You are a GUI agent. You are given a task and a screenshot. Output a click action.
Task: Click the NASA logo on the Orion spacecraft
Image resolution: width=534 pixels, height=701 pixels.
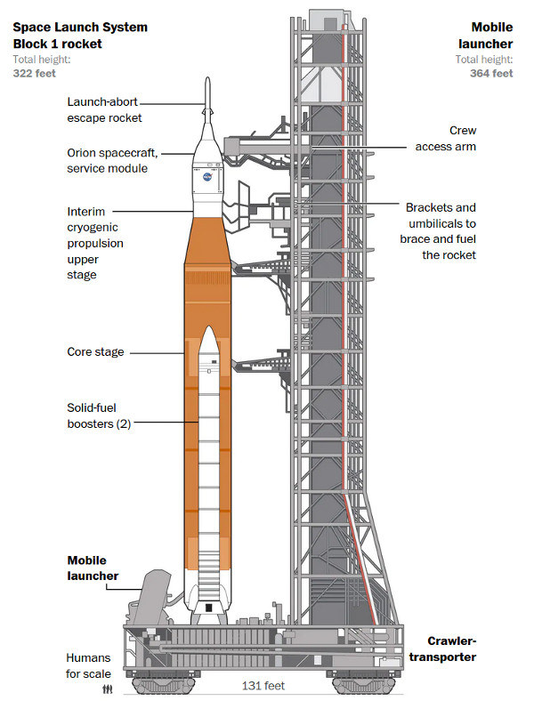(207, 175)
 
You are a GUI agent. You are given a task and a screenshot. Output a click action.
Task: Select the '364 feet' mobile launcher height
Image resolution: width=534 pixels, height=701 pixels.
(491, 74)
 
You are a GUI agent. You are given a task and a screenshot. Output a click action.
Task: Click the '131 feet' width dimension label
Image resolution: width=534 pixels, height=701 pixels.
(263, 686)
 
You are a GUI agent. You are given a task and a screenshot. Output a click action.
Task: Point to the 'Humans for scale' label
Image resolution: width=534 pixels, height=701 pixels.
(89, 665)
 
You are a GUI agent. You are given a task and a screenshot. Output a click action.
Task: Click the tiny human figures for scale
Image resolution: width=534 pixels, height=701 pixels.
(109, 688)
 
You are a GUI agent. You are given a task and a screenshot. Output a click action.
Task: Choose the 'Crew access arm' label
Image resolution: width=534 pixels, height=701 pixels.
(445, 138)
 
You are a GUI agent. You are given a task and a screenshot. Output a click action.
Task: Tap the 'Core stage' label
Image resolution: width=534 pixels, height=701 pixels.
(95, 352)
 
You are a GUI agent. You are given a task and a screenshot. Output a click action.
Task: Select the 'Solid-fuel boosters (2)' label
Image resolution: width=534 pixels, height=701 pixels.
(99, 415)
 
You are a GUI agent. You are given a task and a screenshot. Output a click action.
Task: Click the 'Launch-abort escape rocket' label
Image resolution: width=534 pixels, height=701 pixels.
(104, 109)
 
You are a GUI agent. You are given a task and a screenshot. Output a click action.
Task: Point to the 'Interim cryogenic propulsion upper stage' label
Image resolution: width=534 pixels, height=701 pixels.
(96, 244)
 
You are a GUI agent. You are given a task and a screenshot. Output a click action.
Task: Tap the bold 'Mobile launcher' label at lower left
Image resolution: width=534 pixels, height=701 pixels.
(93, 568)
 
